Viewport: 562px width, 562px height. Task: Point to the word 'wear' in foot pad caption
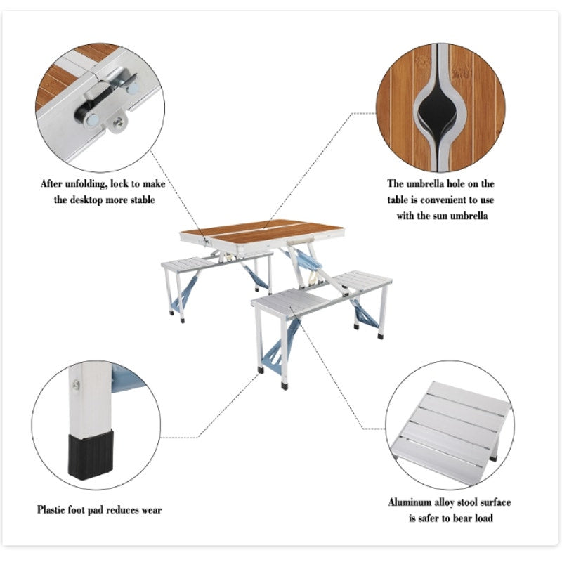coord(151,509)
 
